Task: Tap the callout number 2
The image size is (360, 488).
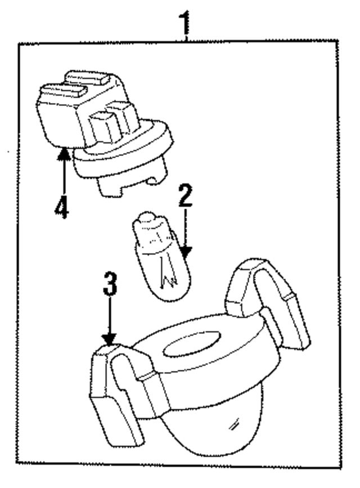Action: pos(186,196)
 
